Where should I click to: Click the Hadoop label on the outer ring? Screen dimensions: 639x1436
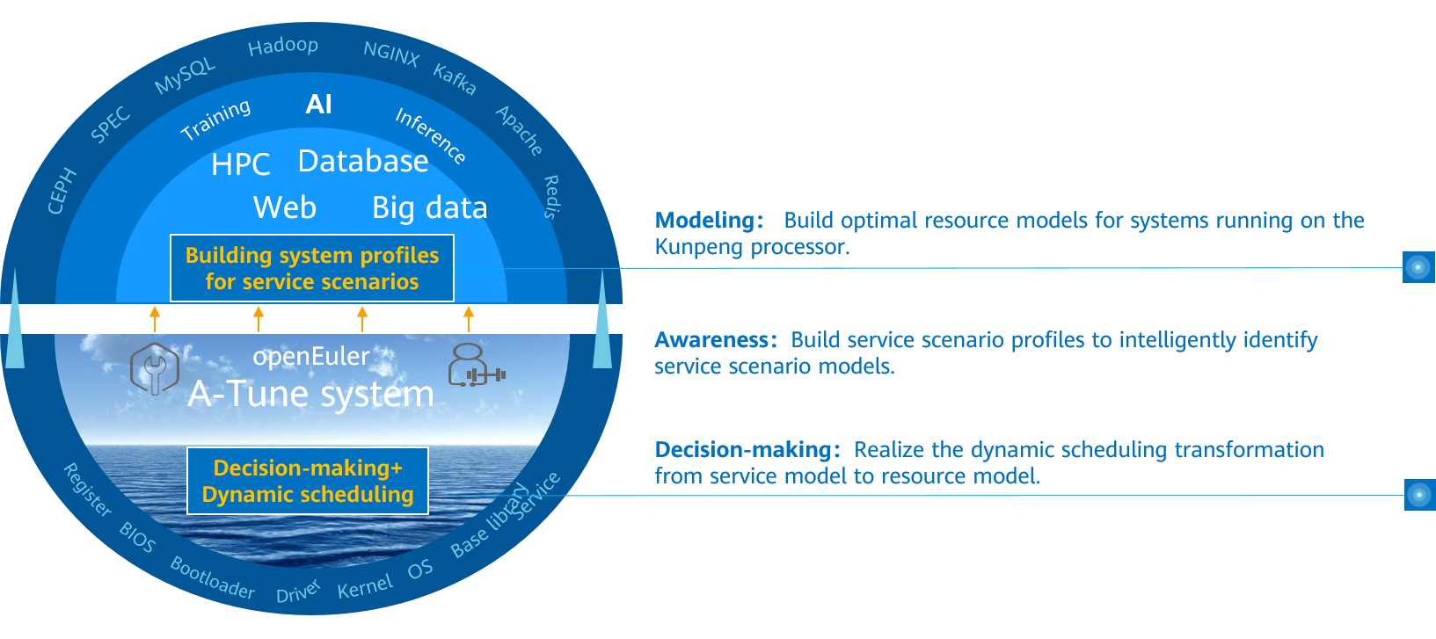click(283, 46)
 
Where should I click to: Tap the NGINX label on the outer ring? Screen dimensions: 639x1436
click(391, 54)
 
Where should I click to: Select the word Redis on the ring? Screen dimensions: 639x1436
click(551, 197)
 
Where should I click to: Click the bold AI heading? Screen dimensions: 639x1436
click(318, 105)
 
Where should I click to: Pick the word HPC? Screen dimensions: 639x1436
click(240, 164)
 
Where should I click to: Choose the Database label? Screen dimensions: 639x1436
click(363, 162)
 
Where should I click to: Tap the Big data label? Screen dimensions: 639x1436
click(429, 208)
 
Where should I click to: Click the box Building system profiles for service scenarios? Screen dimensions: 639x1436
click(312, 268)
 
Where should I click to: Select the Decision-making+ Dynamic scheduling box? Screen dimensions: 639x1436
click(308, 481)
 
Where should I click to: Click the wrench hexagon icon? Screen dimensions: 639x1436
click(155, 368)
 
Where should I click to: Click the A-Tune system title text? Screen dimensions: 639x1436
click(311, 394)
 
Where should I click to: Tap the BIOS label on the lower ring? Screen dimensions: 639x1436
click(137, 537)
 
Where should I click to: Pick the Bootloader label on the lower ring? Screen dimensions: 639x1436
click(212, 577)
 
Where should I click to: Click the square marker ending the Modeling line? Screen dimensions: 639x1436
click(1418, 267)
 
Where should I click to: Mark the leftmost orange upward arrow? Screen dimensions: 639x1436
click(155, 318)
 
